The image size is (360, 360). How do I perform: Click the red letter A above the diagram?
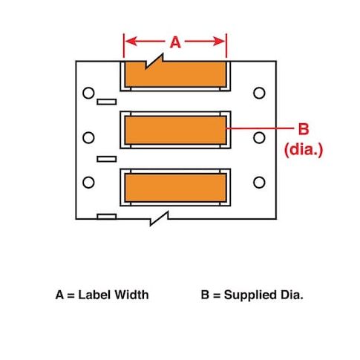tap(175, 42)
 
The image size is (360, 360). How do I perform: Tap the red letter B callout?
tap(304, 128)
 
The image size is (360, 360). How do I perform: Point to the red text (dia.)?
tap(304, 150)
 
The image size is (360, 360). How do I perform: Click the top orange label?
tap(175, 74)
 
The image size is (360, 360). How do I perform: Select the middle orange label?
tap(175, 130)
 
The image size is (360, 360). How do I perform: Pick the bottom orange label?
tap(175, 188)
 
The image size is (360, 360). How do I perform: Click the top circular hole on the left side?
tap(88, 93)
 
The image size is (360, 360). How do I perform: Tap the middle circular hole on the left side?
tap(88, 137)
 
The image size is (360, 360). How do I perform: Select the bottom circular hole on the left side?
tap(88, 183)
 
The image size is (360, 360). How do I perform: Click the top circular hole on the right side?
tap(259, 93)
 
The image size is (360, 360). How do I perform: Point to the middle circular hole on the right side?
tap(259, 137)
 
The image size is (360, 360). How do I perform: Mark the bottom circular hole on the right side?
tap(259, 183)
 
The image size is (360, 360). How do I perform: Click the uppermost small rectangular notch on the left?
tap(107, 102)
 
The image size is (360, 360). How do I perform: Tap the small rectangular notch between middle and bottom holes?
tap(107, 159)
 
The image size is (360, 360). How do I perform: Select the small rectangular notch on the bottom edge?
tap(107, 217)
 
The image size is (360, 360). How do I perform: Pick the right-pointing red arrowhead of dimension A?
tap(219, 42)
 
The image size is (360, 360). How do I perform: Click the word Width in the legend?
tap(131, 295)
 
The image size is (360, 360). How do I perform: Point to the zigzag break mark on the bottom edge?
tap(160, 218)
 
